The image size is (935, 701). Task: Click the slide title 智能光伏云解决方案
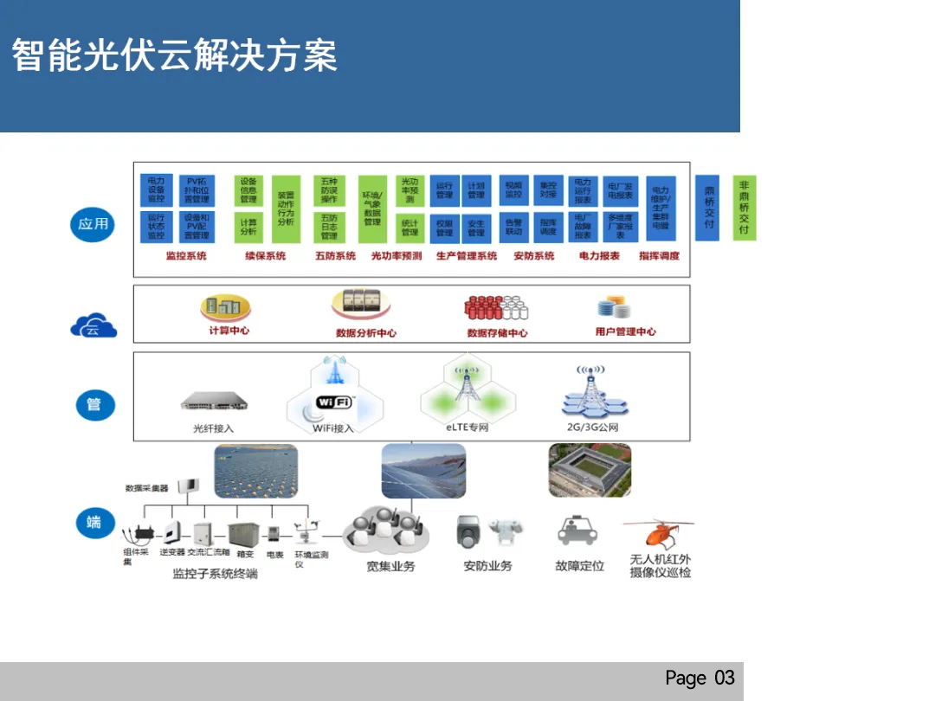tap(174, 55)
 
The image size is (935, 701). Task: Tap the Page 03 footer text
tap(700, 678)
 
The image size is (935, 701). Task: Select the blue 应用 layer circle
tap(93, 224)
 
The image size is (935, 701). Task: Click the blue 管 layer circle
tap(93, 405)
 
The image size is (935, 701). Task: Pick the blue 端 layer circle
tap(93, 523)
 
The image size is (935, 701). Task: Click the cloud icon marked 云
tap(93, 326)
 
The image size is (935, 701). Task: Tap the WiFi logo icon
tap(335, 402)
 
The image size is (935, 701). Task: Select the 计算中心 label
tap(229, 331)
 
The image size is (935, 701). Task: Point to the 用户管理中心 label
tap(625, 331)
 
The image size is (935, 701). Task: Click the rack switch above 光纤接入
tap(214, 402)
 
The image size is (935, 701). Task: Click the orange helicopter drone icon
tap(657, 533)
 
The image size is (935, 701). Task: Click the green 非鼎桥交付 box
tap(744, 208)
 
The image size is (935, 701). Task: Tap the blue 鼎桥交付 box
tap(708, 208)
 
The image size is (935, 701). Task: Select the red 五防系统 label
tap(335, 256)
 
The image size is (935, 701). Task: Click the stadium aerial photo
tap(590, 470)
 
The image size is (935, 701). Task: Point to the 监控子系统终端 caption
tap(215, 573)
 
